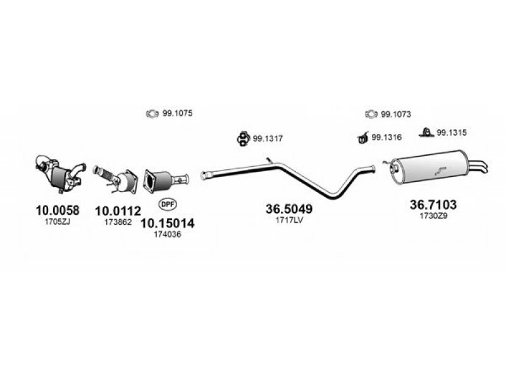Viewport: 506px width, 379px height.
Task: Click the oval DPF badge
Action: (x=167, y=205)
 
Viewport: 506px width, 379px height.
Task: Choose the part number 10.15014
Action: (x=167, y=222)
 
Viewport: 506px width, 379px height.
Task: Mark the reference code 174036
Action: (x=167, y=233)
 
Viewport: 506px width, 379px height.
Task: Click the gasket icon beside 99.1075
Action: (x=152, y=114)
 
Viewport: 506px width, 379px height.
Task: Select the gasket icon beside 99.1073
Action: (x=371, y=114)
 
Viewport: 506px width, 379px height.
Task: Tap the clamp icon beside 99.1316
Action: (x=362, y=136)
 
